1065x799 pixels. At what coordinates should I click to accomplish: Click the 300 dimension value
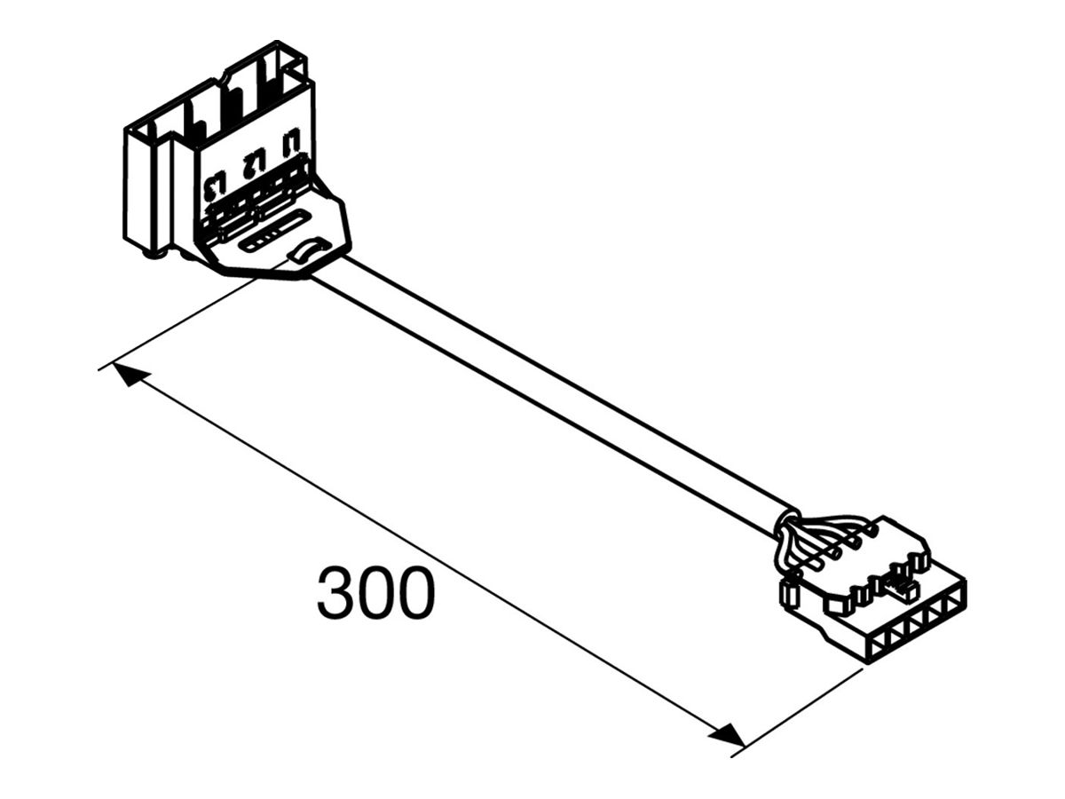pyautogui.click(x=376, y=593)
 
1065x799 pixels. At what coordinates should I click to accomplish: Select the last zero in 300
pyautogui.click(x=416, y=593)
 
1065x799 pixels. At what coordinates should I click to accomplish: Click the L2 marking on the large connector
pyautogui.click(x=253, y=165)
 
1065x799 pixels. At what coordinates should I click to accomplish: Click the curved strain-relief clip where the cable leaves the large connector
pyautogui.click(x=304, y=250)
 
